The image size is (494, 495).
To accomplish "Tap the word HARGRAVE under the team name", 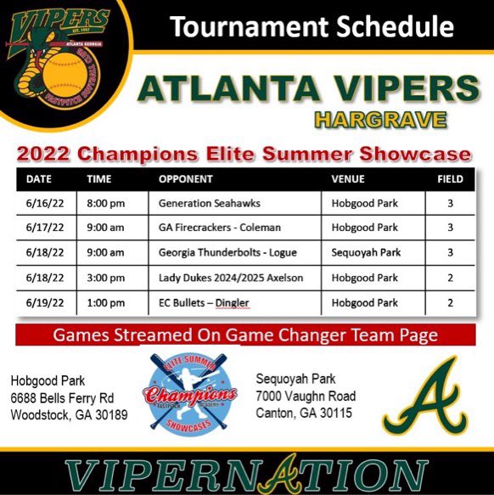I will click(x=380, y=119).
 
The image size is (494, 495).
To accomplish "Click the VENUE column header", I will click(x=347, y=180).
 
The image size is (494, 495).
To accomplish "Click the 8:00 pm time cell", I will click(x=106, y=204).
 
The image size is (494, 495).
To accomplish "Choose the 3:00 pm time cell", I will click(x=106, y=278).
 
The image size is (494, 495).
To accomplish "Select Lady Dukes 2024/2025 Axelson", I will click(x=230, y=278).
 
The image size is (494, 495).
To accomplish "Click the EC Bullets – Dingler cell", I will click(x=205, y=302).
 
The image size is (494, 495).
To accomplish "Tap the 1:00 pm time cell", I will click(x=106, y=302).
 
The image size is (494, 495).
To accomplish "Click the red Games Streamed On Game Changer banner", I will click(x=246, y=335).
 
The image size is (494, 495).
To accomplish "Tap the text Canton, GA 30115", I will click(x=305, y=413).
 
